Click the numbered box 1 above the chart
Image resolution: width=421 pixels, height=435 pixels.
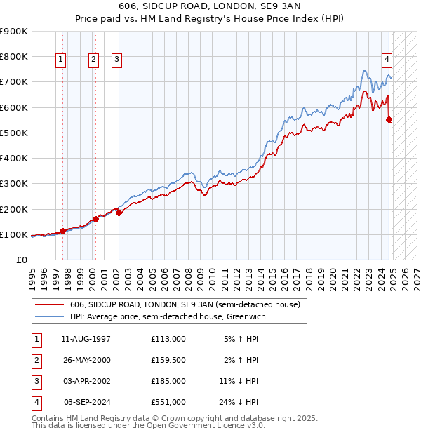click(x=62, y=60)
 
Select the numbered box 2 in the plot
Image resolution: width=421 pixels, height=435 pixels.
click(x=93, y=60)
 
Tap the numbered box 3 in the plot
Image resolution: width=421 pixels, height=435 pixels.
click(x=116, y=60)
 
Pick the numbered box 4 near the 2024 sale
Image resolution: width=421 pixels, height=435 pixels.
click(x=387, y=60)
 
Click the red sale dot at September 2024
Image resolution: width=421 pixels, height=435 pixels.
click(x=389, y=120)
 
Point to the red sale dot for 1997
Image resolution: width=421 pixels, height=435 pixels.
click(x=62, y=231)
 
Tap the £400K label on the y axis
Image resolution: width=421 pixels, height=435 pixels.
click(x=14, y=159)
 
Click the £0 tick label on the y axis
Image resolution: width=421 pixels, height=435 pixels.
click(x=21, y=260)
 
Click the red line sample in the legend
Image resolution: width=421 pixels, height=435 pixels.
click(x=51, y=304)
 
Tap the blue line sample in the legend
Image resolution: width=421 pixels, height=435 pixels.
click(x=51, y=317)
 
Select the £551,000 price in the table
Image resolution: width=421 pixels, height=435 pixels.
click(x=168, y=402)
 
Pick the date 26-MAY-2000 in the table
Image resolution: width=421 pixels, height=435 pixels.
click(x=86, y=360)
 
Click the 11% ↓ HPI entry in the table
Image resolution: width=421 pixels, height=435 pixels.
click(x=239, y=381)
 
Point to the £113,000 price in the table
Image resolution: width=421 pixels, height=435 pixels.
click(x=168, y=339)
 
